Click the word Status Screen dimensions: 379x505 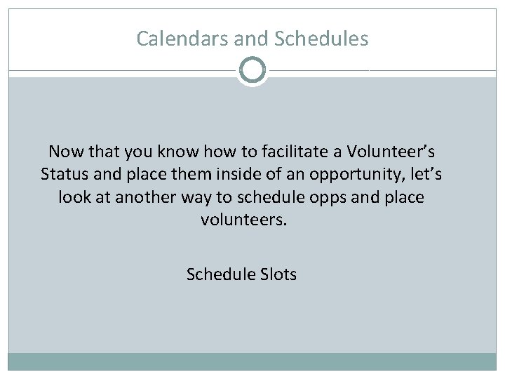point(63,173)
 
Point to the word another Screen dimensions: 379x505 point(142,197)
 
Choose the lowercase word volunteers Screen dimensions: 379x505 point(243,220)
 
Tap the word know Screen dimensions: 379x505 point(159,151)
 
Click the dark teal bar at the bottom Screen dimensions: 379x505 point(252,361)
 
